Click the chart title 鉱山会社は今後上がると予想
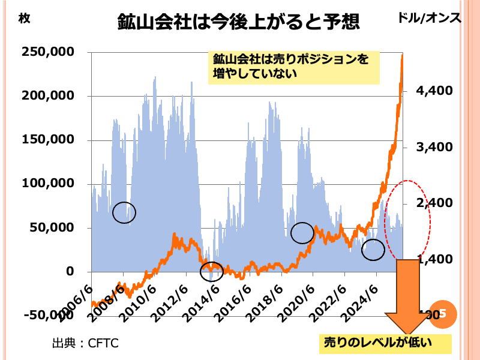(239, 22)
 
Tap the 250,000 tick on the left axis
(47, 52)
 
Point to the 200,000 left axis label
(47, 96)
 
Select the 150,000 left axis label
(47, 140)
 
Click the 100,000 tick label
(47, 184)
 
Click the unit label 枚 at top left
(24, 18)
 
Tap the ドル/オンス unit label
(430, 18)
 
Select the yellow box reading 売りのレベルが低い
(384, 343)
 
